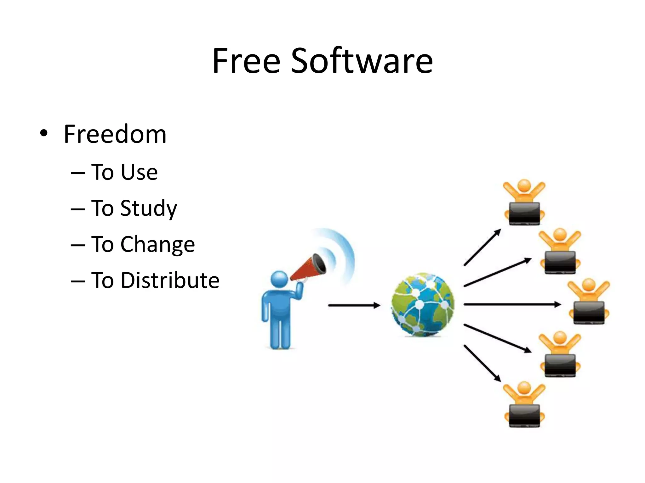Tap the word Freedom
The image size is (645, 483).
[x=115, y=134]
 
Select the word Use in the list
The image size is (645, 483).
[x=139, y=172]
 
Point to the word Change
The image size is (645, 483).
[x=158, y=244]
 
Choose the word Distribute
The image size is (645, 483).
[x=170, y=280]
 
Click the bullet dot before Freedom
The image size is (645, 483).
[x=44, y=133]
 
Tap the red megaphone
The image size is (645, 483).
[x=307, y=267]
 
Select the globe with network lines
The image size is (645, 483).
[x=423, y=304]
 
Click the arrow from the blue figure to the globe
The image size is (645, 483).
[x=354, y=305]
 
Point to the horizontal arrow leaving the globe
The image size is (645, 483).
[x=512, y=304]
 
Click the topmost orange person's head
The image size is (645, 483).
[x=524, y=186]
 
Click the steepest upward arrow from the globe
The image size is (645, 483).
[x=482, y=247]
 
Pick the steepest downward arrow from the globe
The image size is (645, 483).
[x=482, y=363]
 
